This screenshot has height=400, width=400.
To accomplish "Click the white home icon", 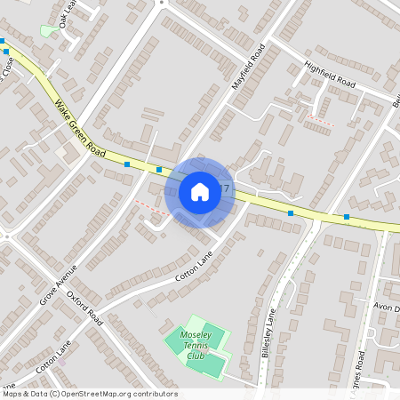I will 199,191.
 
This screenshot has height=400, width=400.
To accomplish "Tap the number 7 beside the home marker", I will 227,188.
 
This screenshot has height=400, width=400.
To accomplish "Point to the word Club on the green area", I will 195,356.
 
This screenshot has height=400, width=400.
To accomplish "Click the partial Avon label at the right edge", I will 388,308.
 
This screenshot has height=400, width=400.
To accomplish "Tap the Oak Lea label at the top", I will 67,12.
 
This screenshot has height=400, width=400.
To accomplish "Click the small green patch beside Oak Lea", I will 47,31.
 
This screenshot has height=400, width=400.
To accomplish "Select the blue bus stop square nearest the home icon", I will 159,169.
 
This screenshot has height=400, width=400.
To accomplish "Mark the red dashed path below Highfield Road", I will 321,119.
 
